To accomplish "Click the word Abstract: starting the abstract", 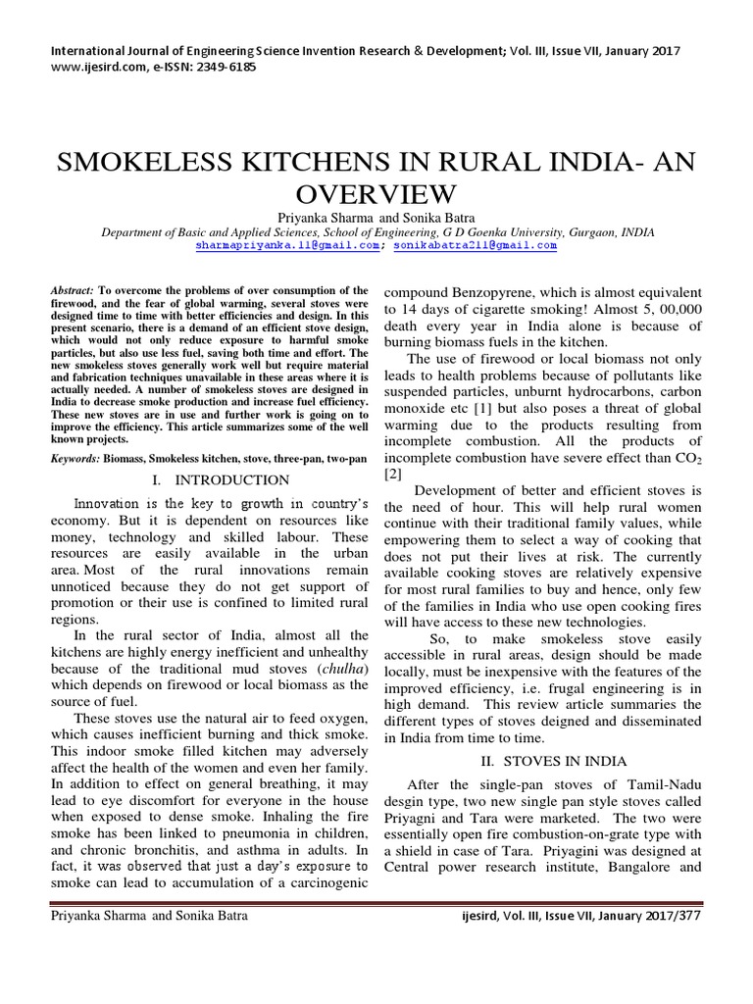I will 74,291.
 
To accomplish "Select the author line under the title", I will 376,218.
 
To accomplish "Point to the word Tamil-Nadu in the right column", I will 660,787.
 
